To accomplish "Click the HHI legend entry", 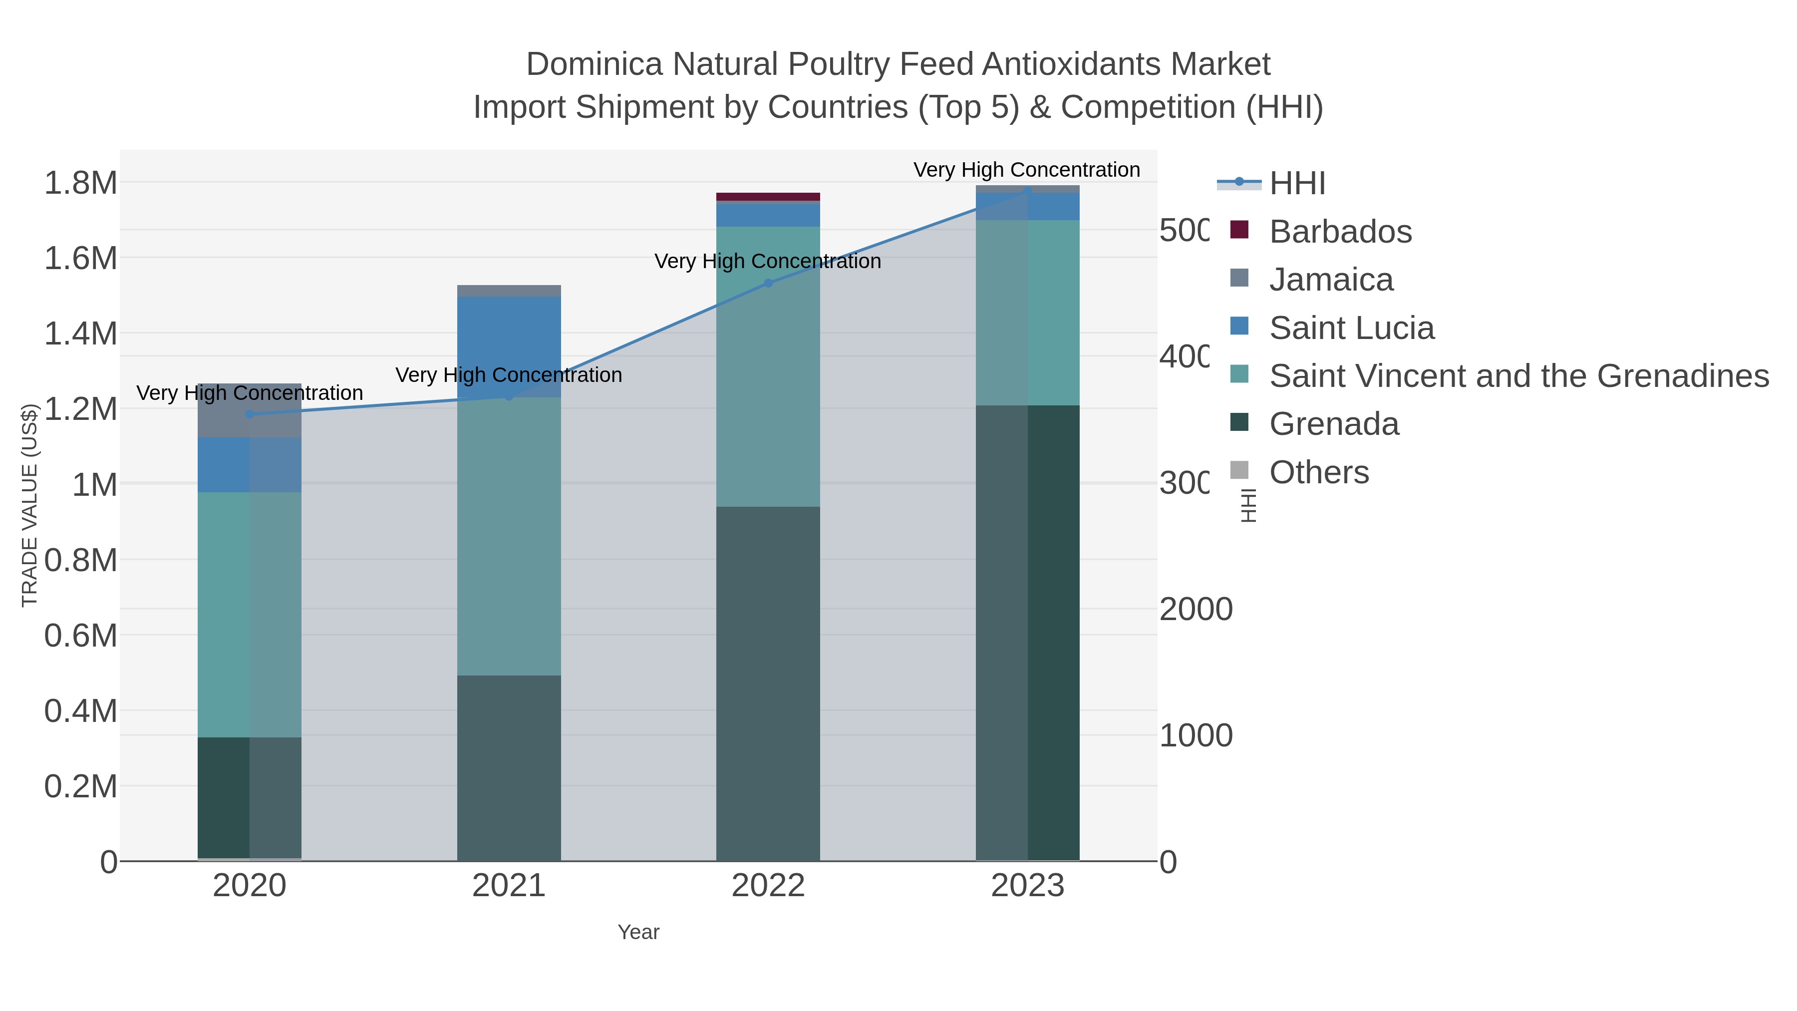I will point(1296,184).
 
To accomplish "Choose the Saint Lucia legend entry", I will point(1351,328).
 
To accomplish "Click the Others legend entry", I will point(1318,472).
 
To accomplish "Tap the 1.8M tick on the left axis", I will point(80,183).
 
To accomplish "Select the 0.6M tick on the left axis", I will point(80,636).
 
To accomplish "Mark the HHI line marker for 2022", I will point(768,283).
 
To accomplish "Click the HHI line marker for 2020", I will point(250,414).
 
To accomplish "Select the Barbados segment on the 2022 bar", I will point(768,197).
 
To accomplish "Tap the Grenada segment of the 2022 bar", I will point(768,684).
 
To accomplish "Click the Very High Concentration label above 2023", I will point(1026,170).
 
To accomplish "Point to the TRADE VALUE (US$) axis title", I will point(29,505).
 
